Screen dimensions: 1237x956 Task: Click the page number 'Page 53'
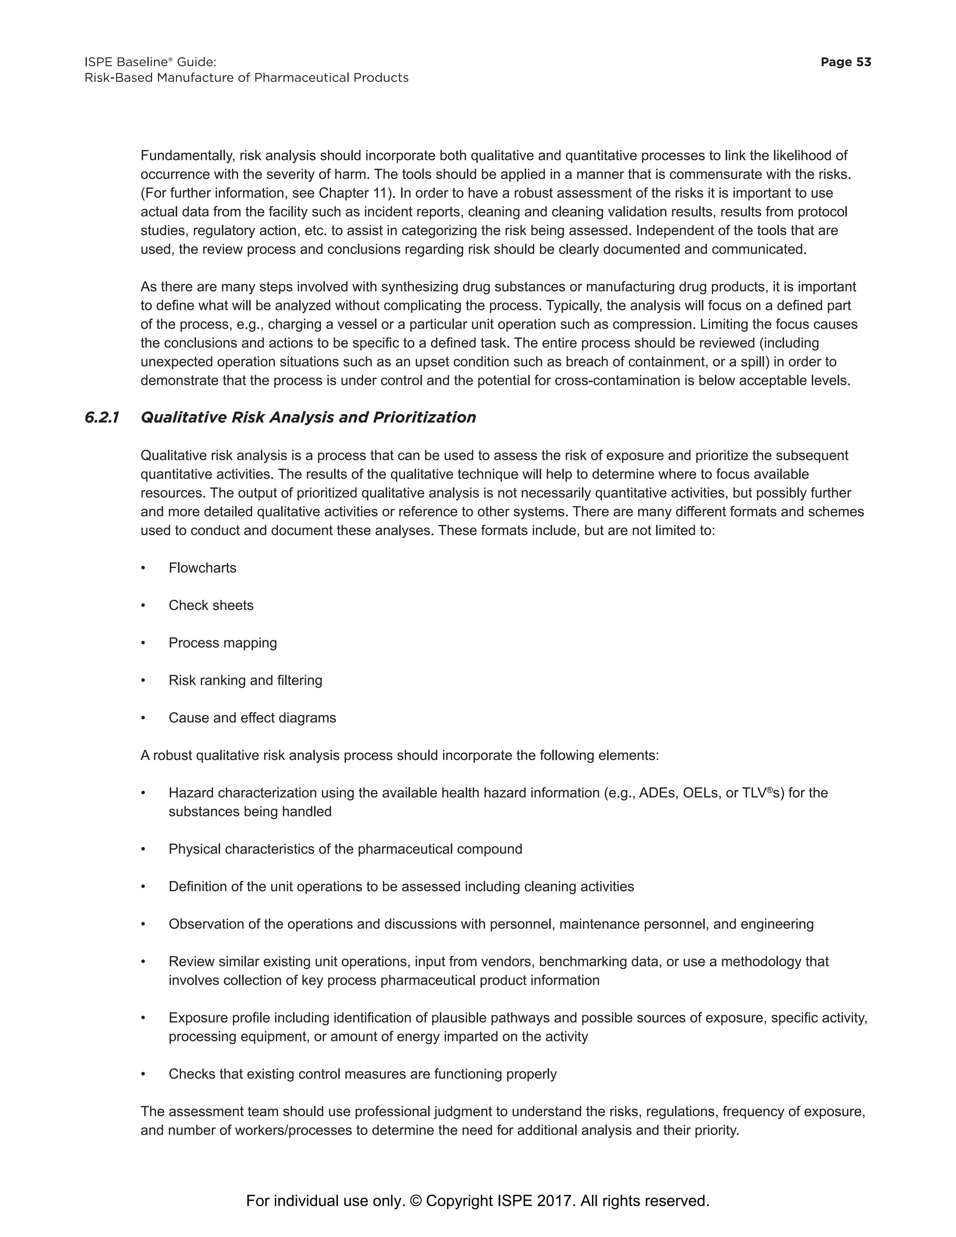click(x=845, y=62)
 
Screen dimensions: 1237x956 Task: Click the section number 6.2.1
click(x=102, y=417)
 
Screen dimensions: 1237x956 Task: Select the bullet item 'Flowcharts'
click(x=202, y=568)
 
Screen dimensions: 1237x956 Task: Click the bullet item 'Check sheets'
click(x=211, y=605)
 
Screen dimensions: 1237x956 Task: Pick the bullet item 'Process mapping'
click(x=223, y=643)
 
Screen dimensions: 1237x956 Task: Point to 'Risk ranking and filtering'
click(x=245, y=680)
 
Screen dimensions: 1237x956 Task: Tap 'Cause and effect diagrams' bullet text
click(x=252, y=717)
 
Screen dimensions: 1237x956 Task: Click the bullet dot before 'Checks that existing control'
click(x=143, y=1075)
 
